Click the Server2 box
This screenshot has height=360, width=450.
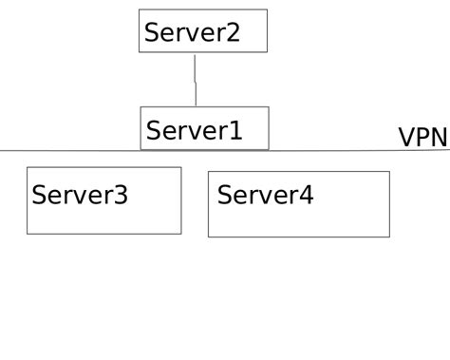pos(202,31)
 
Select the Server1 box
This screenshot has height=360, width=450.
pos(204,128)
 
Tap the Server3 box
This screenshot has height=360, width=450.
pos(103,200)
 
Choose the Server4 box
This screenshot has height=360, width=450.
pos(298,204)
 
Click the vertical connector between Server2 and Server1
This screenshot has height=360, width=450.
pos(196,80)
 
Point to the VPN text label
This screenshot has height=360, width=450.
pos(422,139)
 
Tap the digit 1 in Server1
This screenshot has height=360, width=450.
pos(233,130)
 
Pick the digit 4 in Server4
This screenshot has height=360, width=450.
pos(305,196)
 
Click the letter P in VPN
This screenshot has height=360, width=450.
pos(422,139)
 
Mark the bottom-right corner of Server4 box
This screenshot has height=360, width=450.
pos(389,237)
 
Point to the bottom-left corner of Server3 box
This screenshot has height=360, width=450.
pos(28,234)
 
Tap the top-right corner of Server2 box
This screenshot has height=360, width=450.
pos(267,10)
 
